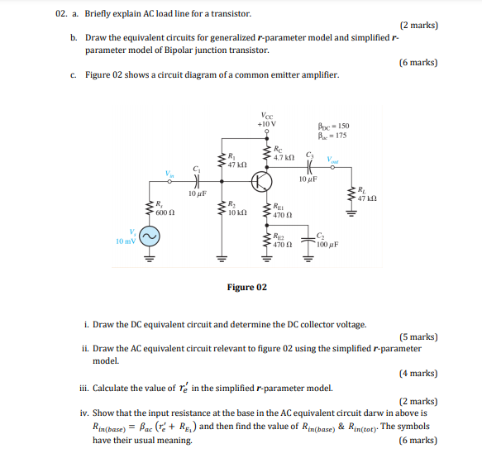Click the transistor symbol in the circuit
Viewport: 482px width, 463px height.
point(262,181)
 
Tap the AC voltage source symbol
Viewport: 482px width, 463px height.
point(149,237)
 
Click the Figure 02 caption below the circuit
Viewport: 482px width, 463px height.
point(246,287)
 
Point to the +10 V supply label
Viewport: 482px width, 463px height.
point(267,124)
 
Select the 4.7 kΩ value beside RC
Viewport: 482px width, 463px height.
point(284,156)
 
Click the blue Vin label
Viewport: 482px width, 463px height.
point(169,174)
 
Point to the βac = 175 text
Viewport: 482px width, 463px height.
point(332,136)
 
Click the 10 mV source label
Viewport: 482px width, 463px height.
point(126,241)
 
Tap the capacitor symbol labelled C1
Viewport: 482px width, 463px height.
point(197,182)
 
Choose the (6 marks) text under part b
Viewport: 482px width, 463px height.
point(418,62)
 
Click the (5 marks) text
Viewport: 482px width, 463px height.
point(418,337)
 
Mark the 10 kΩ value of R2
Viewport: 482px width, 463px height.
point(236,212)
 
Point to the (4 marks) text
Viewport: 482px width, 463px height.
point(418,374)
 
